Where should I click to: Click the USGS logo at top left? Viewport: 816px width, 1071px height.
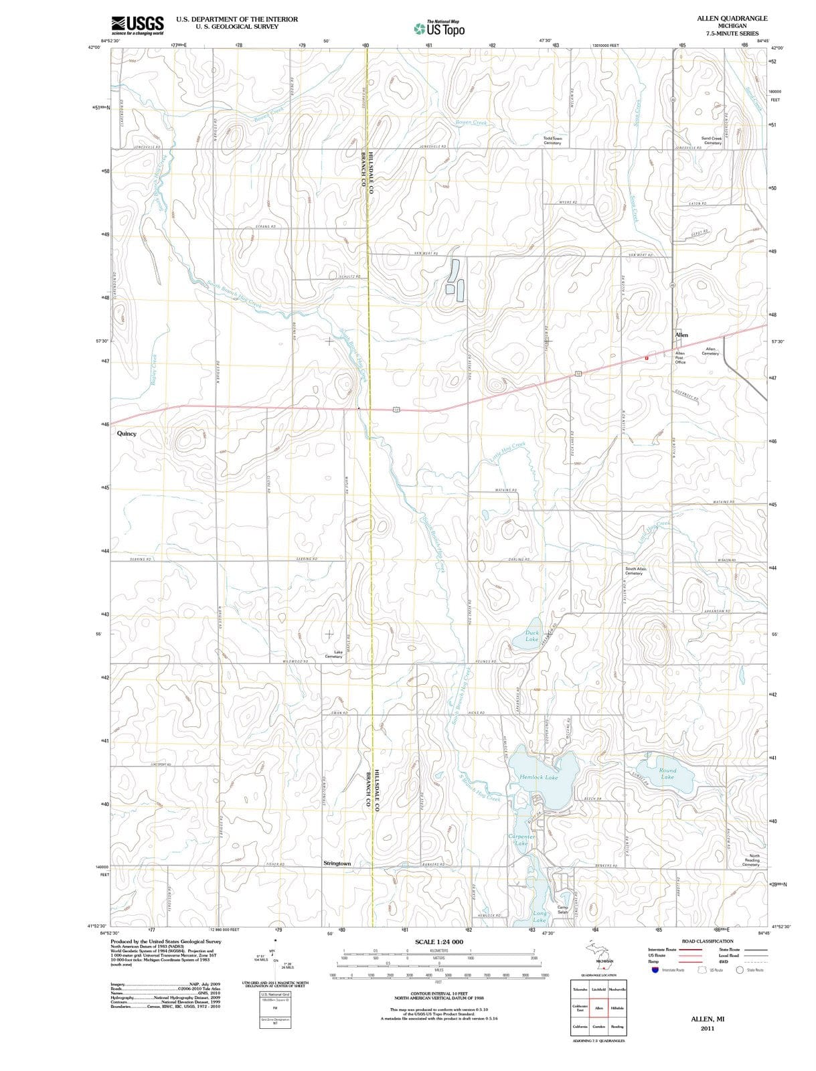pos(137,25)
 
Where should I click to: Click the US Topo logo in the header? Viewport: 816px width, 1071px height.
pos(439,29)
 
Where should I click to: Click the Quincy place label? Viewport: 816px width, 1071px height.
pos(127,434)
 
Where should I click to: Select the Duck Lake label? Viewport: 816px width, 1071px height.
pos(532,635)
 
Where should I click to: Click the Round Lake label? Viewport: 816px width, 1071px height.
pos(667,774)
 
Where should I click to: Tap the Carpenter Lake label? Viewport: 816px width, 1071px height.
pos(521,840)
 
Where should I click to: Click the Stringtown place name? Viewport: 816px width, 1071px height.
pos(337,863)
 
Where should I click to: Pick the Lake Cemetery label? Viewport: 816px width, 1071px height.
pos(333,654)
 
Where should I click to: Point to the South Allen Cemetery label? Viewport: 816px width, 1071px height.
pos(635,571)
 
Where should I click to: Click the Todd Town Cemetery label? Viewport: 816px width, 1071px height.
pos(552,141)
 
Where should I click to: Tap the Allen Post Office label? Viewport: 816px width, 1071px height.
pos(680,357)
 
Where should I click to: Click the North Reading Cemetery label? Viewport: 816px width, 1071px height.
pos(754,860)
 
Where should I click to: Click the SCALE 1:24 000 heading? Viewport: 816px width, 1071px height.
pos(438,942)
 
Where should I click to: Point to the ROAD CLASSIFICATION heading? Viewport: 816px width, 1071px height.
pos(707,941)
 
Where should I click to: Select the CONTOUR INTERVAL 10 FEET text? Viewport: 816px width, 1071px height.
pos(438,993)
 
